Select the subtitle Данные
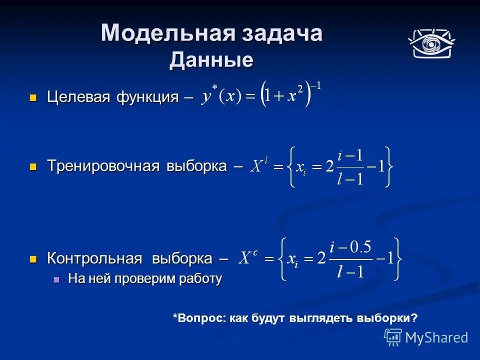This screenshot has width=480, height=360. pyautogui.click(x=211, y=60)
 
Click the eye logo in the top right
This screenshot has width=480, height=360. pyautogui.click(x=430, y=43)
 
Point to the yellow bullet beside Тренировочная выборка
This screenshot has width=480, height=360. pyautogui.click(x=34, y=166)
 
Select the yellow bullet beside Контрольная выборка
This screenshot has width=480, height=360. pyautogui.click(x=34, y=259)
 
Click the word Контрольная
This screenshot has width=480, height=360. pyautogui.click(x=94, y=258)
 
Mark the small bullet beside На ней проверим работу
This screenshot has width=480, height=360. pyautogui.click(x=56, y=279)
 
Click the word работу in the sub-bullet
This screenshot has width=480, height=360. pyautogui.click(x=201, y=279)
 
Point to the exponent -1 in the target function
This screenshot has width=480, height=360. pyautogui.click(x=315, y=86)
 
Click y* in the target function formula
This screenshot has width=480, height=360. pyautogui.click(x=208, y=95)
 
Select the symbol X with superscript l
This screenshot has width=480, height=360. pyautogui.click(x=257, y=165)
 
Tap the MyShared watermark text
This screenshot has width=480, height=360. pyautogui.click(x=436, y=337)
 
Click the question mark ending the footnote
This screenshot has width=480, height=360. pyautogui.click(x=414, y=318)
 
